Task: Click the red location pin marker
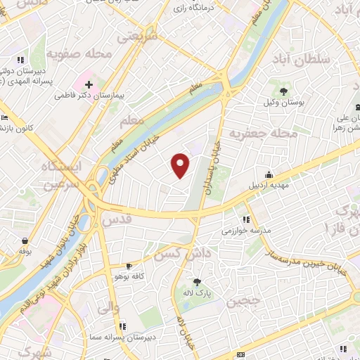coord(181,165)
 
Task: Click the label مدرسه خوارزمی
coord(246,230)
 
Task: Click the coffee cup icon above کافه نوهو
coord(129,266)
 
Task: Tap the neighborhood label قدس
coord(117,220)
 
